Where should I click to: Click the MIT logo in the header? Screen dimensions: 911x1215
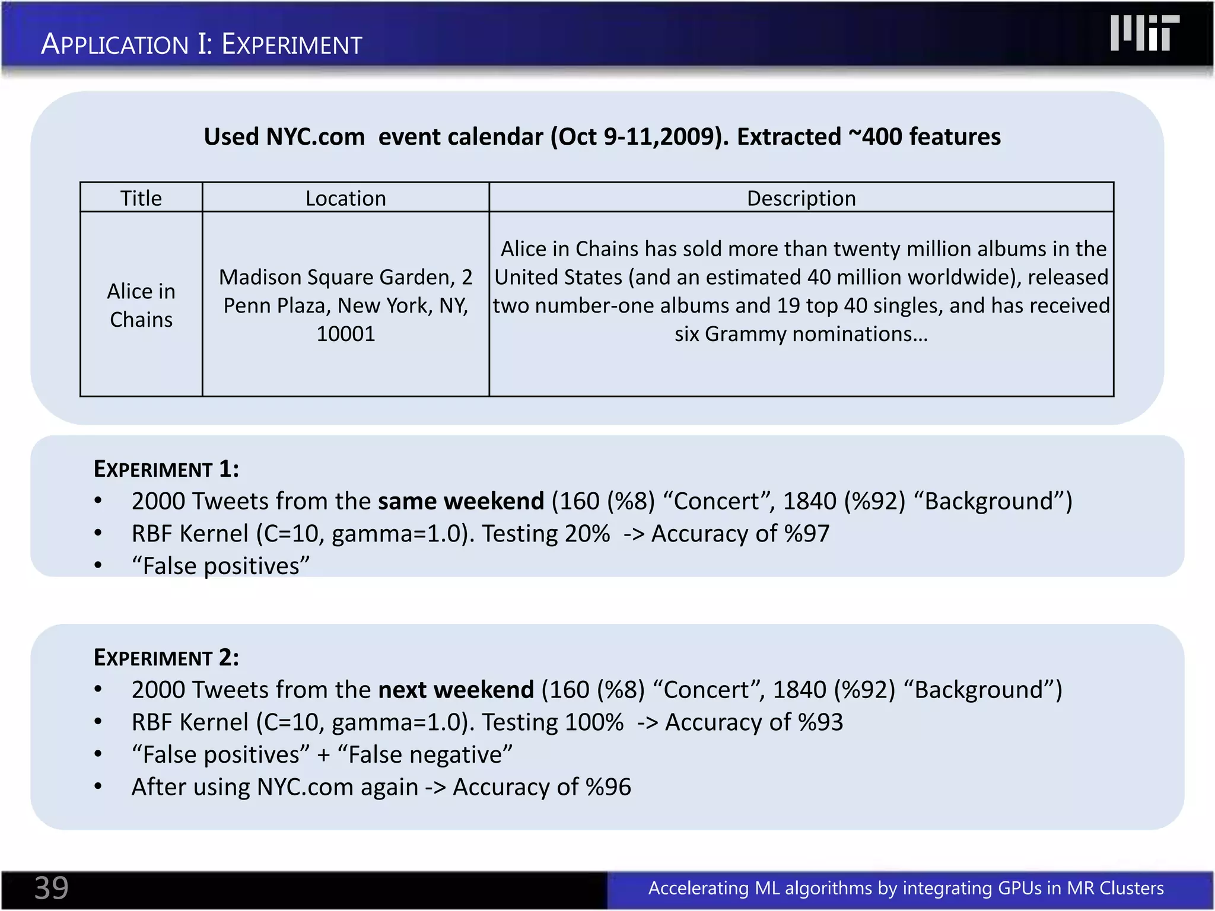1144,33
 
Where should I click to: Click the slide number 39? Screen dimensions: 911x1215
52,888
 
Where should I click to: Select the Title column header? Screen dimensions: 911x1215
141,198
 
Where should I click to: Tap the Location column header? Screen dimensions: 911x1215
345,198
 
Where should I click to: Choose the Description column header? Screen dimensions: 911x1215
801,198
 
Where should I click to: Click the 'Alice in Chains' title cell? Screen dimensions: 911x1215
141,305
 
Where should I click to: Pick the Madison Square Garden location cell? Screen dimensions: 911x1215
345,305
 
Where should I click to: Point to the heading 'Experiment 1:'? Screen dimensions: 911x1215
166,469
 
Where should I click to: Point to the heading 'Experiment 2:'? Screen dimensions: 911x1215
166,658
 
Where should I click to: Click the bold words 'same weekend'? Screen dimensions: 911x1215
461,501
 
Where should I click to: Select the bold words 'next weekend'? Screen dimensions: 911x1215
456,690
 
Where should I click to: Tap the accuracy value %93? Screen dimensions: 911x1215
820,722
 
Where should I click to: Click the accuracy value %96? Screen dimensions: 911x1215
608,787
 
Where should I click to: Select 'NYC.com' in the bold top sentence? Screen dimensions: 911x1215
315,137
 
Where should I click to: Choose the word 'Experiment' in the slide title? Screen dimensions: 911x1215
291,45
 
